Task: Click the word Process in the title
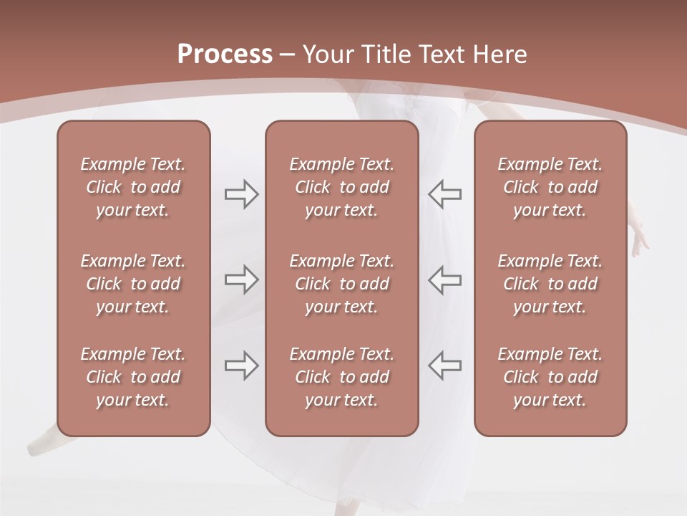point(225,54)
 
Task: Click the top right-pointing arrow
point(241,194)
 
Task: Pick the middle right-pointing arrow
point(241,279)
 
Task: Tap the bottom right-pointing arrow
point(241,365)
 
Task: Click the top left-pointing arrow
point(444,194)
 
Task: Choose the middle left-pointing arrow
point(444,279)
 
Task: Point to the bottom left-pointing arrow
point(444,365)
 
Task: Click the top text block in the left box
point(133,187)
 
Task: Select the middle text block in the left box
point(133,284)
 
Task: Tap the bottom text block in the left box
point(133,377)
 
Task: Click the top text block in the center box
point(341,187)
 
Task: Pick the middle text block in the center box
point(341,284)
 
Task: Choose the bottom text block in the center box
point(341,377)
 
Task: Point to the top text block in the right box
point(550,187)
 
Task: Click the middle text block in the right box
point(550,284)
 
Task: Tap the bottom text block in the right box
point(550,377)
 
